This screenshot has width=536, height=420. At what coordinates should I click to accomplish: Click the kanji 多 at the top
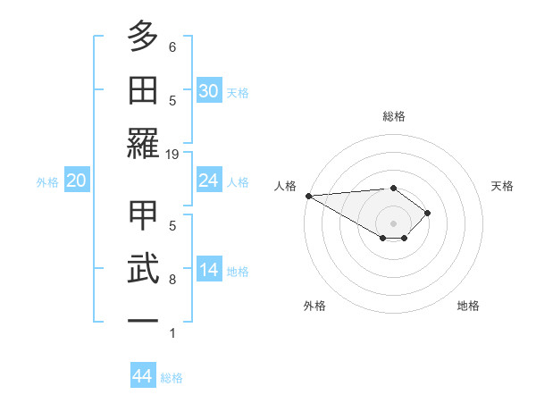coord(143,37)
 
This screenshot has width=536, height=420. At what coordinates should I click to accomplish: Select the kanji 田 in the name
coord(143,90)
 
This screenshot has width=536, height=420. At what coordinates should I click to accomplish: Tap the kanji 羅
coord(143,143)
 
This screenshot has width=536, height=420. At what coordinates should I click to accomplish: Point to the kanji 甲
coord(143,215)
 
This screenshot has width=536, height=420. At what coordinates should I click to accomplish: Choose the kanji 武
coord(143,269)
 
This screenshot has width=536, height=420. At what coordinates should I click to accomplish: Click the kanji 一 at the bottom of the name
coord(143,321)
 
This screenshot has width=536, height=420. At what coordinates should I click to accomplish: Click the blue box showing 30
coord(209,91)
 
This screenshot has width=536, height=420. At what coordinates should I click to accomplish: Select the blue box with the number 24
coord(209,181)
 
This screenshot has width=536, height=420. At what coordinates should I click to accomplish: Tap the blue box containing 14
coord(209,271)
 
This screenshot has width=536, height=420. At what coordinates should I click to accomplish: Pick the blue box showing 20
coord(76,181)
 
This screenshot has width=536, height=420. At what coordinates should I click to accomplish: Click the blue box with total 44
coord(142,376)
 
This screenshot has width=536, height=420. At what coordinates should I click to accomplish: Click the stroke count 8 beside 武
coord(172,280)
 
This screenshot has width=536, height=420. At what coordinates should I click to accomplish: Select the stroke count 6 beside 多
coord(172,46)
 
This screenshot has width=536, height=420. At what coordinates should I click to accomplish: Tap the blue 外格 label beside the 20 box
coord(47,182)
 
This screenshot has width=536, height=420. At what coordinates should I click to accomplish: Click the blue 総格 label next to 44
coord(172,378)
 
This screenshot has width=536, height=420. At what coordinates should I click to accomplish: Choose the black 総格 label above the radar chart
coord(393,116)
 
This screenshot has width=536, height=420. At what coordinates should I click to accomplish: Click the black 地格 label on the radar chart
coord(468,306)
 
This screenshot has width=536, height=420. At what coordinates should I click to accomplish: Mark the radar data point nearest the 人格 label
coord(308,196)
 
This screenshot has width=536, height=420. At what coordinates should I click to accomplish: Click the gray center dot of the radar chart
coord(393,223)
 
